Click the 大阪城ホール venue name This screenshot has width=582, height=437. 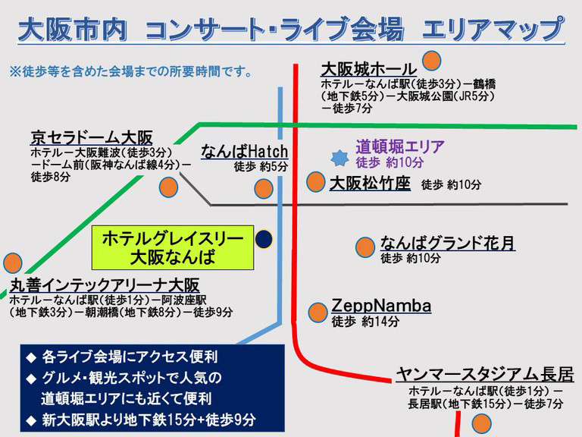(368, 69)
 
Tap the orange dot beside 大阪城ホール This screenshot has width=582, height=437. (431, 61)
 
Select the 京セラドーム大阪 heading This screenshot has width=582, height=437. (92, 138)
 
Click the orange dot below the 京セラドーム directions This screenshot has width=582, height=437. (168, 187)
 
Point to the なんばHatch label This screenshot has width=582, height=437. (245, 152)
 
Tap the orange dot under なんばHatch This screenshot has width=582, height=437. (264, 188)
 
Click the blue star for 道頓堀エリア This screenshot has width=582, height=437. (339, 158)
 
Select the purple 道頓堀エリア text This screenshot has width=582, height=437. (400, 146)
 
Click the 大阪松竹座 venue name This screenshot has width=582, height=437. (370, 184)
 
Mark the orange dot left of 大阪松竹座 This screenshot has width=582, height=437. (316, 182)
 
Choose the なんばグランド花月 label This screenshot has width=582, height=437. (448, 243)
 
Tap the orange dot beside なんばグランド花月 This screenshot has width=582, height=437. (365, 247)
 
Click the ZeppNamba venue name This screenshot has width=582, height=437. (381, 307)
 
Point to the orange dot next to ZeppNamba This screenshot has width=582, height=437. (318, 312)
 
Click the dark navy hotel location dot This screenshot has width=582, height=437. (264, 239)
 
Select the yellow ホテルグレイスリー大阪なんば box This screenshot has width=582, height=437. (173, 247)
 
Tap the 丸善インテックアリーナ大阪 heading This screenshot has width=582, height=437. (105, 286)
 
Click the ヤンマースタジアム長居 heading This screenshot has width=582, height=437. (485, 375)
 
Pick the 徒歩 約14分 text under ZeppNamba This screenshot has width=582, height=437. (365, 322)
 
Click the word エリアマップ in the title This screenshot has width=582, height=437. (493, 29)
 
